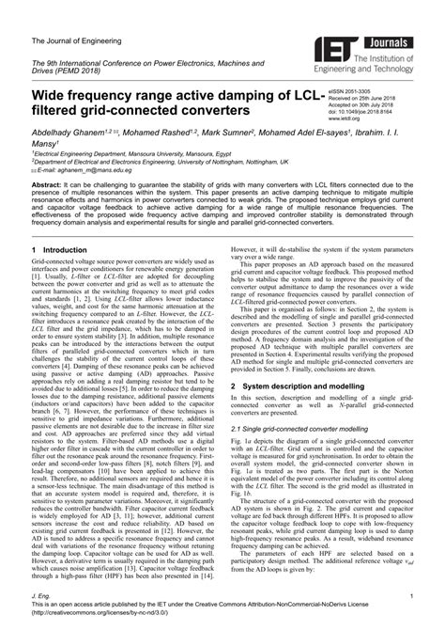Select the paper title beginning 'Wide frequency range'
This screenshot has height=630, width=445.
click(178, 104)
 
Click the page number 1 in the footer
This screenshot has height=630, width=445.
click(412, 596)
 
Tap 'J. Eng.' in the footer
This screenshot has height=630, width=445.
click(42, 596)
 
